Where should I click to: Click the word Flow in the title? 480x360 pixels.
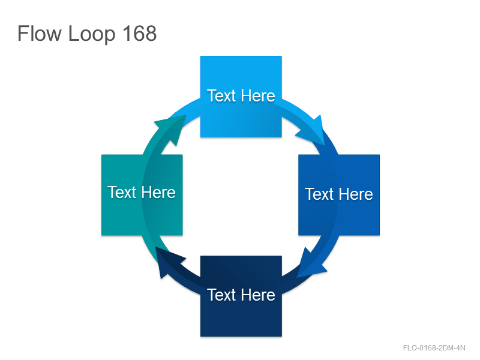pyautogui.click(x=40, y=33)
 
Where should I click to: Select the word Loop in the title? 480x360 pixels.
pyautogui.click(x=92, y=34)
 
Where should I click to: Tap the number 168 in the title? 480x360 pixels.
pyautogui.click(x=140, y=33)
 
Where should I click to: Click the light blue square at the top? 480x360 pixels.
pyautogui.click(x=241, y=97)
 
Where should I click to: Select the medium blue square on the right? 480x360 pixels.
pyautogui.click(x=339, y=195)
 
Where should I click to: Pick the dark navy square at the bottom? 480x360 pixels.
pyautogui.click(x=241, y=296)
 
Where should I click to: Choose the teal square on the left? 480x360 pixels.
pyautogui.click(x=142, y=195)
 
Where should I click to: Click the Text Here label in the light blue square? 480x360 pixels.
pyautogui.click(x=241, y=95)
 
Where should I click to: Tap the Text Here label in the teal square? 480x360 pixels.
pyautogui.click(x=142, y=192)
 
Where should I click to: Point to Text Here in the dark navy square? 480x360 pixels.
pyautogui.click(x=241, y=295)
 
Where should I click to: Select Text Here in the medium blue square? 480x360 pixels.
pyautogui.click(x=339, y=194)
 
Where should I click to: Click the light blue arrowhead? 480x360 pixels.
pyautogui.click(x=313, y=131)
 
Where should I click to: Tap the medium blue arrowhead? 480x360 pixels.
pyautogui.click(x=311, y=263)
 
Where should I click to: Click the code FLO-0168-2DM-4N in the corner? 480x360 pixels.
pyautogui.click(x=434, y=348)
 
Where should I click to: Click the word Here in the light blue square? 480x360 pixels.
pyautogui.click(x=258, y=95)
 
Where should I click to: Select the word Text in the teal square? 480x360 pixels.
pyautogui.click(x=122, y=192)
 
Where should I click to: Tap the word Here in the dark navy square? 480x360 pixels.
pyautogui.click(x=258, y=295)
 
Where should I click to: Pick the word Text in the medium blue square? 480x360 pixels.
pyautogui.click(x=319, y=194)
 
